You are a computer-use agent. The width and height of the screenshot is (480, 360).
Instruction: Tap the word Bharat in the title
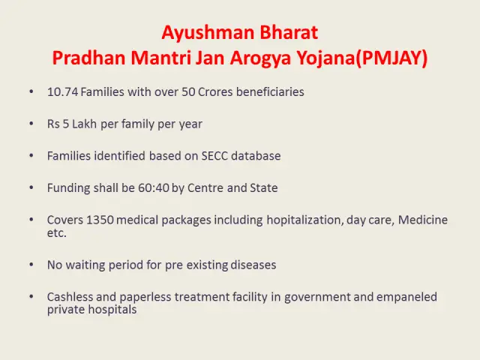(x=289, y=32)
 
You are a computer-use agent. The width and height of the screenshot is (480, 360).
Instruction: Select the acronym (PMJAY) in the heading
(x=391, y=58)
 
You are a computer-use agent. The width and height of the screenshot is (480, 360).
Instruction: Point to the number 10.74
(x=63, y=91)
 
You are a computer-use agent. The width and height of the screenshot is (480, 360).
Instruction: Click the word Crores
(x=215, y=91)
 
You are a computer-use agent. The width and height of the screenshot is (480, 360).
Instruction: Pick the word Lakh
(x=85, y=124)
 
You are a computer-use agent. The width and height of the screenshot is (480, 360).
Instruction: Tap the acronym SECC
(x=214, y=156)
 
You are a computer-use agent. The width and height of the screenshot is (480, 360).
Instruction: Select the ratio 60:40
(x=154, y=187)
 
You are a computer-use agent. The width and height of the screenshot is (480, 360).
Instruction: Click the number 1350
(x=100, y=220)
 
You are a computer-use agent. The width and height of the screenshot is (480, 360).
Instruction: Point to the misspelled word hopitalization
(x=305, y=220)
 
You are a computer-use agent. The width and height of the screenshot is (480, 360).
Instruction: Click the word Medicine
(x=423, y=220)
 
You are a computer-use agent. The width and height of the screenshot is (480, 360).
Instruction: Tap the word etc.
(x=57, y=233)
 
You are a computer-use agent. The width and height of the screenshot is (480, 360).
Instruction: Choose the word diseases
(x=253, y=265)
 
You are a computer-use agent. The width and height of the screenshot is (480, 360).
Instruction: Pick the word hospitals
(x=112, y=310)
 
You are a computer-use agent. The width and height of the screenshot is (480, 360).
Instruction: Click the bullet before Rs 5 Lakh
(x=31, y=123)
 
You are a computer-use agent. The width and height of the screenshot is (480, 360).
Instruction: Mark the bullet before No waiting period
(x=31, y=264)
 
